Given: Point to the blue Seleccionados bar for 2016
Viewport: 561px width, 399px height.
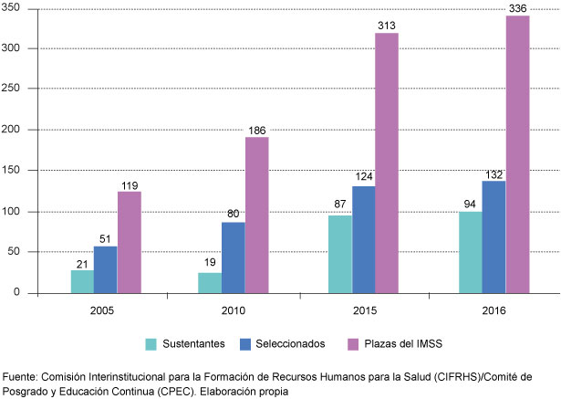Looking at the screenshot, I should coord(493,236).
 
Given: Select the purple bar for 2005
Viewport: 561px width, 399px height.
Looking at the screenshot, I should coord(129,242).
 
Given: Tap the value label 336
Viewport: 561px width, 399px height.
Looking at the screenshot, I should coord(517,8).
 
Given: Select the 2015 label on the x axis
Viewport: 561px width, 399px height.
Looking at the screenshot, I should coord(362,310).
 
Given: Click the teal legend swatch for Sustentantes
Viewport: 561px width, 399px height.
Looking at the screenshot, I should coord(152,344).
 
